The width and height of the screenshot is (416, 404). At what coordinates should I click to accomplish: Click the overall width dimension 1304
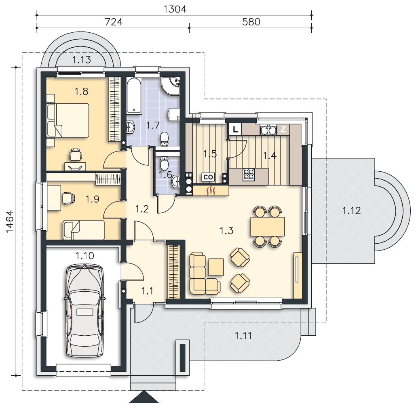pos(175,9)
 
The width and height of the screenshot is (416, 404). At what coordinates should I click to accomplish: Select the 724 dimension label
pos(114,22)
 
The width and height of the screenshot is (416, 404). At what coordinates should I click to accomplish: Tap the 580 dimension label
pos(251,22)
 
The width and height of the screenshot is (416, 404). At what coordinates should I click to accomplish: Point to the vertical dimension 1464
pos(10,222)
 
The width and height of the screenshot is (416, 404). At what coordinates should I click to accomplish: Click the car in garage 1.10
pos(84,311)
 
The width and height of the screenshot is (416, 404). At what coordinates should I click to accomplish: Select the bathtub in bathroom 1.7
pos(134,96)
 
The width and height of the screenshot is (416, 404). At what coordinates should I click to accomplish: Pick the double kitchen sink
pos(268,130)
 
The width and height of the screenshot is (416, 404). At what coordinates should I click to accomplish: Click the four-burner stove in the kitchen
pos(249,175)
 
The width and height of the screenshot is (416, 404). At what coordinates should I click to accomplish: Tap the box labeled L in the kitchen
pos(235,130)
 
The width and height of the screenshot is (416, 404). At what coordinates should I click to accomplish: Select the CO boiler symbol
pos(208,177)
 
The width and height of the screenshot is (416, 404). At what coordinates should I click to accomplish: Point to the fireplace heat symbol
pos(211,190)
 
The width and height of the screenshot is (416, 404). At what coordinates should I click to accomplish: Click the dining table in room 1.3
pos(268,226)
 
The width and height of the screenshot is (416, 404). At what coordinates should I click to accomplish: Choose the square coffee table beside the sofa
pos(216,267)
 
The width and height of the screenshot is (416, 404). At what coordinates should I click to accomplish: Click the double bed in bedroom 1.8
pos(68,120)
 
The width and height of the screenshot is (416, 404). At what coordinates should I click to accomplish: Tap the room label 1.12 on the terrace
pos(351,211)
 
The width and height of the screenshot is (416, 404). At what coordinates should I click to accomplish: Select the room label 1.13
pos(82,60)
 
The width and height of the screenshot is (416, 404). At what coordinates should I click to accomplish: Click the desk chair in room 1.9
pos(68,198)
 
